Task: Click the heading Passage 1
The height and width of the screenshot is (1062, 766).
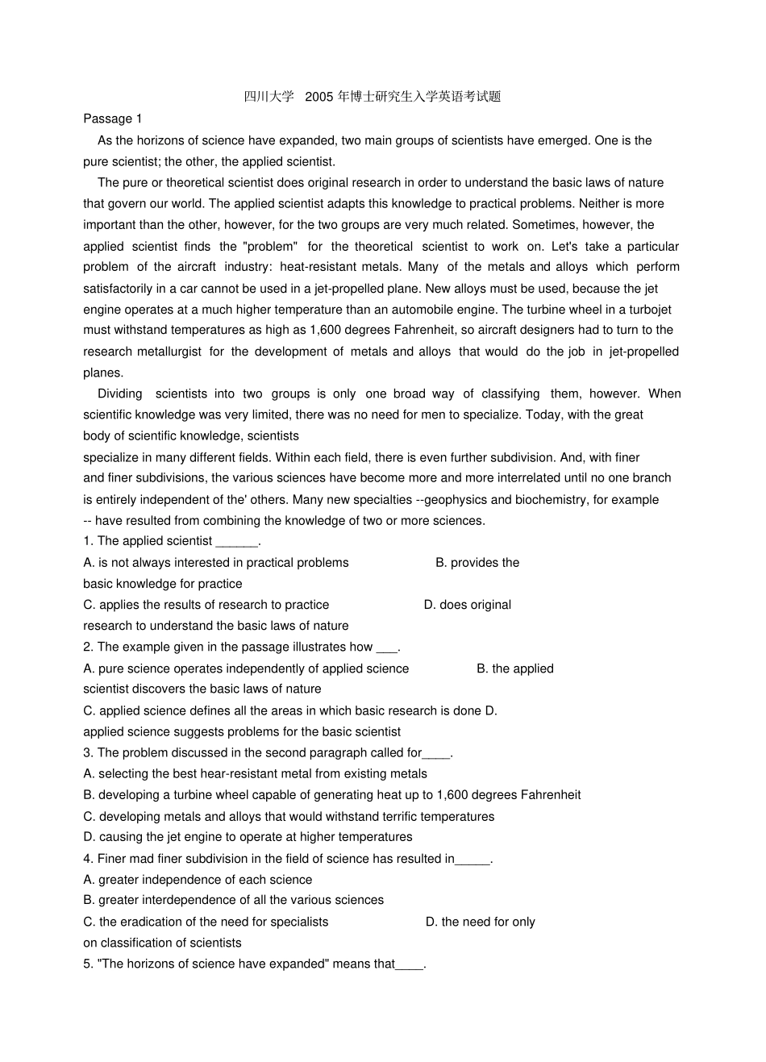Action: [112, 119]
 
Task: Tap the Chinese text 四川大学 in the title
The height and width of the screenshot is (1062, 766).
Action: [269, 97]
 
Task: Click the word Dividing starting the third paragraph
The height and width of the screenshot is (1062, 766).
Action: [120, 394]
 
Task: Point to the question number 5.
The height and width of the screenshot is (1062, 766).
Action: [87, 964]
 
